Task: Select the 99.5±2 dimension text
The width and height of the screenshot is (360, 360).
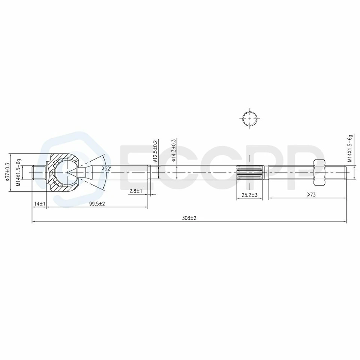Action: click(x=96, y=203)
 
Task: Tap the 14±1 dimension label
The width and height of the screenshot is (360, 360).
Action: click(x=39, y=203)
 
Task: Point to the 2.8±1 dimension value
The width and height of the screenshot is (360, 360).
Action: click(x=135, y=191)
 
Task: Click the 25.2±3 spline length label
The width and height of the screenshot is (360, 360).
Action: click(x=249, y=195)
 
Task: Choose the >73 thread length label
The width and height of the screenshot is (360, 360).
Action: click(x=311, y=195)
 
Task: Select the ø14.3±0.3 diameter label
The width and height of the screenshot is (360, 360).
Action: click(x=174, y=151)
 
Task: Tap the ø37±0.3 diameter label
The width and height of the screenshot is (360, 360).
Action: click(x=7, y=172)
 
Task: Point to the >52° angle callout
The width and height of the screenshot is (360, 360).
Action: click(x=106, y=169)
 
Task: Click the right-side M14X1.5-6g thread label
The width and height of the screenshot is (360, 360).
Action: click(x=350, y=148)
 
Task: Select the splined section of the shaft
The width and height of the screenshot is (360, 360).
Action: click(x=249, y=172)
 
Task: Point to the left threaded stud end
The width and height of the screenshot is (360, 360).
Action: click(x=39, y=172)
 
